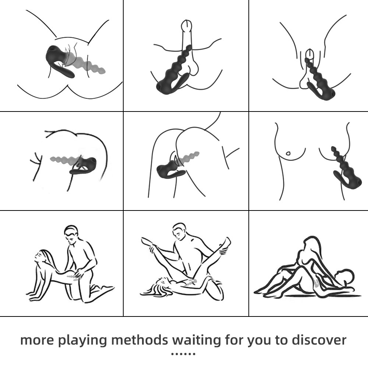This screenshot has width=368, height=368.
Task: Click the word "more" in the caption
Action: (x=37, y=340)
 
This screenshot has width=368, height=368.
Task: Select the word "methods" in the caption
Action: (x=139, y=340)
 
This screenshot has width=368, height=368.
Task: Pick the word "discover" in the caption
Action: (x=319, y=340)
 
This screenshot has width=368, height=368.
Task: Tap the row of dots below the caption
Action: (x=183, y=354)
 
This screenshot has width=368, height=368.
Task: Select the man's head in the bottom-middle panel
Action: (x=180, y=231)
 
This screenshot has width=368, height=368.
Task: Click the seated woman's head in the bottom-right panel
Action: (x=311, y=245)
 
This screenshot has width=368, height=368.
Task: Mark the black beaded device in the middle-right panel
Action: (x=346, y=170)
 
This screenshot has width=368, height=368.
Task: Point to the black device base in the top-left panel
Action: (x=59, y=60)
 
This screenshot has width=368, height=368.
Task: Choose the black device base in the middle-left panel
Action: (x=86, y=166)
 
